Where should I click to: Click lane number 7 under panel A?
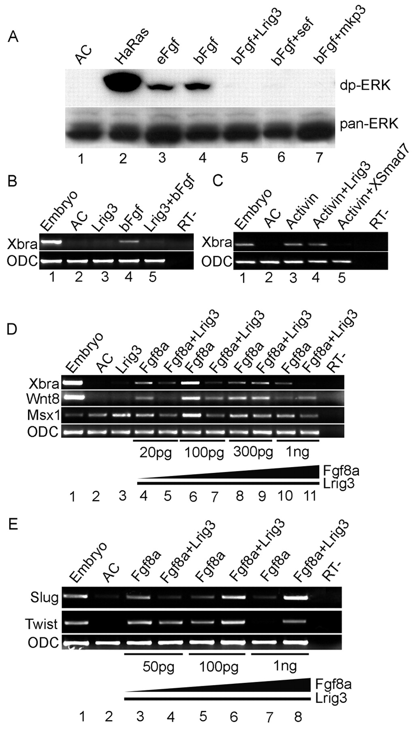[320, 158]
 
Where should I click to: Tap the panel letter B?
[12, 181]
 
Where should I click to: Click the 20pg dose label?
[155, 452]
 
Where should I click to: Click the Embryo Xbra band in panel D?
[73, 382]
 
